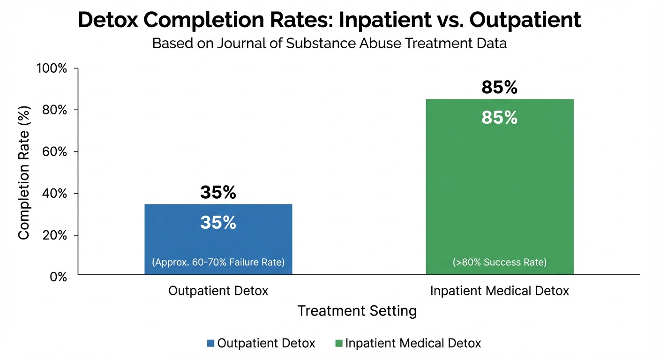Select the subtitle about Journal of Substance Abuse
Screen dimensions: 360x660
(x=330, y=44)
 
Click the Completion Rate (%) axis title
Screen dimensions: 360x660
(x=24, y=172)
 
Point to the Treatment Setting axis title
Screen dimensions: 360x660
(x=357, y=311)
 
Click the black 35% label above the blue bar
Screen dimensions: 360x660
(x=218, y=192)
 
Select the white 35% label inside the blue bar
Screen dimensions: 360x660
(x=218, y=223)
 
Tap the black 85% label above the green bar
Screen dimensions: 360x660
(x=499, y=87)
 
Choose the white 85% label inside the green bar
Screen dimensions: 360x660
(x=499, y=118)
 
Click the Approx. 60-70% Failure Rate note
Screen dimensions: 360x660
(x=218, y=262)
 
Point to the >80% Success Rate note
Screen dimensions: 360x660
(x=500, y=262)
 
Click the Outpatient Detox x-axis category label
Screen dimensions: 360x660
(x=218, y=291)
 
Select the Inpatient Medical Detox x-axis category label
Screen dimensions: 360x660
(x=500, y=291)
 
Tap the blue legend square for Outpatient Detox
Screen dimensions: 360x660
(x=210, y=343)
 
